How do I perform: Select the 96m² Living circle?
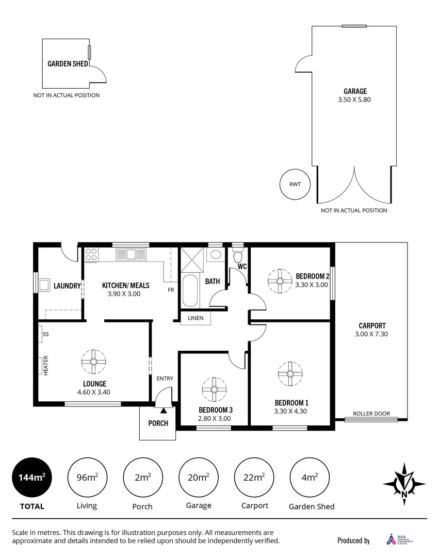[87, 478]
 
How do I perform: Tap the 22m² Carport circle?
[254, 478]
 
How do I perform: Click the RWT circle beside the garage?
[295, 184]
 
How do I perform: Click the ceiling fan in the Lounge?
[94, 362]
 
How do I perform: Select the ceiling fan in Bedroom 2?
[280, 281]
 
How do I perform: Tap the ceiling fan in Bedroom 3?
[214, 389]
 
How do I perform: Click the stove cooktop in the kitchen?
[91, 254]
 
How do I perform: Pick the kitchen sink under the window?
[131, 254]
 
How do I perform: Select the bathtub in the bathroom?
[190, 291]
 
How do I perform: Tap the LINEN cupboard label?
[196, 318]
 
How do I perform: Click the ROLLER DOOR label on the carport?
[371, 414]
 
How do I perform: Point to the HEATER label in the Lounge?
[45, 366]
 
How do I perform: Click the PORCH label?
[158, 423]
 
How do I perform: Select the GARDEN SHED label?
[67, 64]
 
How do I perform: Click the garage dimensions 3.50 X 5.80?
[355, 100]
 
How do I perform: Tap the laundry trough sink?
[44, 285]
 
